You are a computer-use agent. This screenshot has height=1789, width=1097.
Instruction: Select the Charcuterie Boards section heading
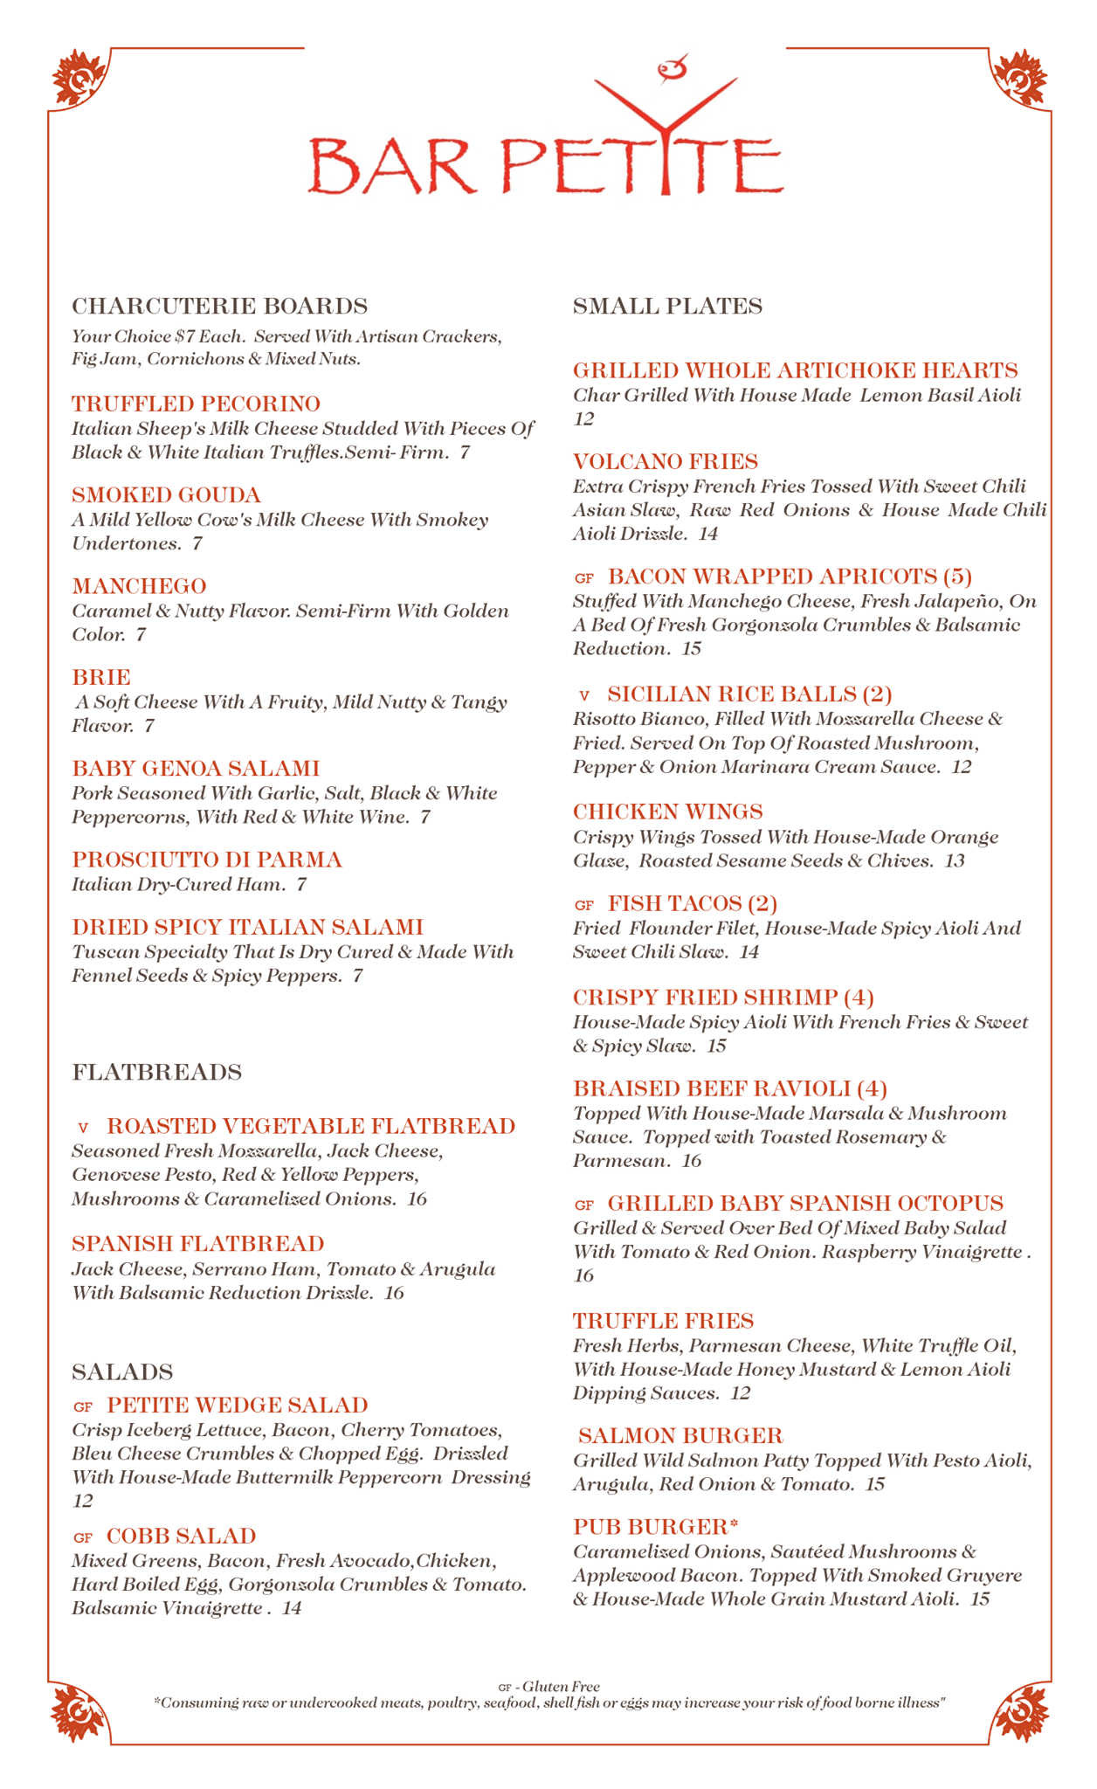coord(219,307)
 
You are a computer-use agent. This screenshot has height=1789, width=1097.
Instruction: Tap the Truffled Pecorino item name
coord(196,404)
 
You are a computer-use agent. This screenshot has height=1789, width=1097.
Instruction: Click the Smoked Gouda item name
coord(166,495)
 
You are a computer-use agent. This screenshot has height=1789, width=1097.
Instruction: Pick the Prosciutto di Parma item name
coord(206,860)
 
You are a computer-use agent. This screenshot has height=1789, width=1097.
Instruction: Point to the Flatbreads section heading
coord(156,1072)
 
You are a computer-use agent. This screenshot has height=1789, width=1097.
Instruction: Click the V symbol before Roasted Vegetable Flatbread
coord(83,1128)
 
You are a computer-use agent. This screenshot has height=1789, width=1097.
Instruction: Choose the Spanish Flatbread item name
coord(197,1244)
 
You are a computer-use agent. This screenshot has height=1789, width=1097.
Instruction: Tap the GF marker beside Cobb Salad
coord(82,1537)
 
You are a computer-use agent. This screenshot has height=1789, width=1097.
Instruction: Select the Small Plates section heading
coord(667,307)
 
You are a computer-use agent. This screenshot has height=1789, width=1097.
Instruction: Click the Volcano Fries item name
coord(665,461)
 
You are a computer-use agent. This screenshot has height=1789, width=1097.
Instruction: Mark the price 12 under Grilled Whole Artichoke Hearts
coord(583,419)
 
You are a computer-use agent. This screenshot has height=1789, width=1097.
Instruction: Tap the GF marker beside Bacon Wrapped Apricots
coord(584,578)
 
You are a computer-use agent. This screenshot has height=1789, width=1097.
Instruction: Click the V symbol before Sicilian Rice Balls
coord(584,695)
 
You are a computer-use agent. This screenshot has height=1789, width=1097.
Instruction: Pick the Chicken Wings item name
coord(667,812)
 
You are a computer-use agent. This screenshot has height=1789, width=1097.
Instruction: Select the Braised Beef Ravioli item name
coord(729,1088)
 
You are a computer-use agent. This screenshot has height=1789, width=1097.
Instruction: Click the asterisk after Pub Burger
coord(734,1524)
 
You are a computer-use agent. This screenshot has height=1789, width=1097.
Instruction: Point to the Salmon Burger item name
coord(680,1435)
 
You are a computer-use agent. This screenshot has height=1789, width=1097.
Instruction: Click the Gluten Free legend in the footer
coord(548,1687)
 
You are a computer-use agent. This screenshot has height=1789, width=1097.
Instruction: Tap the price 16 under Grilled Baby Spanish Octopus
coord(583,1275)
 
